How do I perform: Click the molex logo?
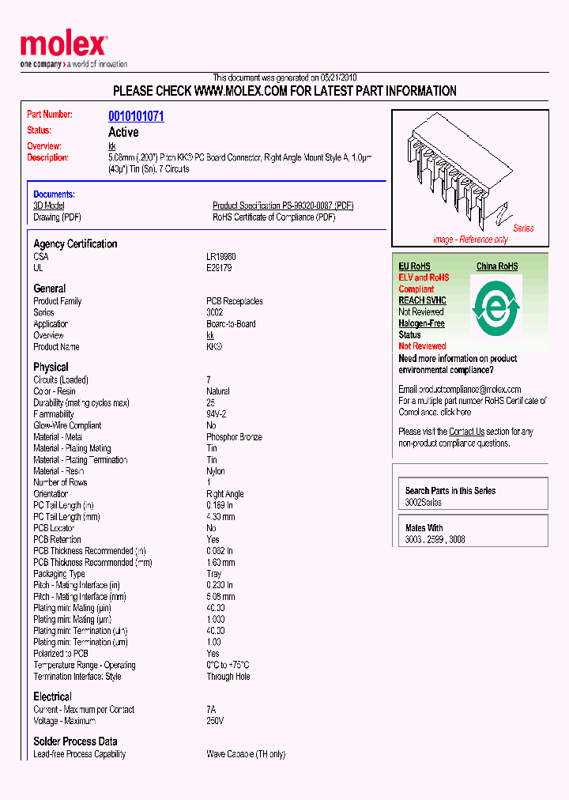(63, 46)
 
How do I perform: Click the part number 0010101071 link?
(136, 116)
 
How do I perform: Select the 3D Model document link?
(49, 206)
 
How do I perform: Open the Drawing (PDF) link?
(57, 217)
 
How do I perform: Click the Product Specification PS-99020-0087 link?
(283, 206)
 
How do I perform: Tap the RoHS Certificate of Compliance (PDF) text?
(271, 217)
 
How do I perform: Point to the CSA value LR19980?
(221, 257)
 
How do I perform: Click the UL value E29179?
(220, 268)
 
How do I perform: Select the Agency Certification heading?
(75, 243)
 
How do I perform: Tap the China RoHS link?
(497, 266)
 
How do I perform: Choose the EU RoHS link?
(414, 266)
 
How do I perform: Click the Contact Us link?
(466, 432)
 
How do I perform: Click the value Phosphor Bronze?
(235, 437)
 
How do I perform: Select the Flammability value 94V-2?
(217, 414)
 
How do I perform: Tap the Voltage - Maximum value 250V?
(215, 721)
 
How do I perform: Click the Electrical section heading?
(52, 696)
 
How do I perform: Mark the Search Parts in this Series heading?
(450, 491)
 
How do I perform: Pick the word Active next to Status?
(123, 132)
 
